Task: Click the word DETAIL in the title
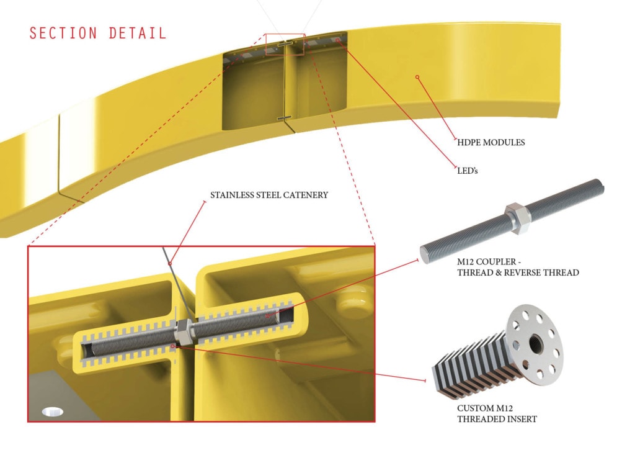point(137,33)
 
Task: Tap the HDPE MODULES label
point(491,142)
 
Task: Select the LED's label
point(468,171)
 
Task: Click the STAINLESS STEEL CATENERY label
point(269,195)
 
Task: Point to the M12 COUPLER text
point(486,261)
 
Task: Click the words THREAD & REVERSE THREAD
point(518,272)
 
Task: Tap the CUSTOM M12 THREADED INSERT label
point(497,413)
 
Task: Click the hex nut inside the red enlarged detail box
point(185,333)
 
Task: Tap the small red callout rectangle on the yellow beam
point(285,44)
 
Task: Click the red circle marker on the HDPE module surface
point(417,77)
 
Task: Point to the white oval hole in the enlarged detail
point(53,412)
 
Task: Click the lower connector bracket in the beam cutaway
point(284,119)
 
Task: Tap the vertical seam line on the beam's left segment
point(59,154)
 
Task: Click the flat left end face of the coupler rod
point(425,254)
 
